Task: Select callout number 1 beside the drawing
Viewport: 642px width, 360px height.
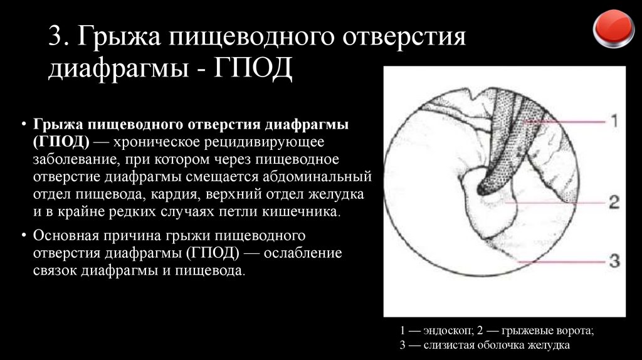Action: pos(614,120)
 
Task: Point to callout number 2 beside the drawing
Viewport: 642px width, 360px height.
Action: pos(614,202)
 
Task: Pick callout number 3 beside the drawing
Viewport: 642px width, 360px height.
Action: pos(614,260)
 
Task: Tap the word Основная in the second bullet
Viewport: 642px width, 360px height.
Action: pos(66,236)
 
